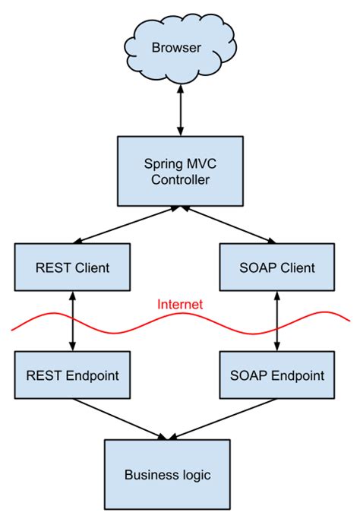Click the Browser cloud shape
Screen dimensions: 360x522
[x=180, y=48]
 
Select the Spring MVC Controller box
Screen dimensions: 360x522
[x=180, y=171]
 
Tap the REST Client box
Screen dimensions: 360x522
[x=72, y=267]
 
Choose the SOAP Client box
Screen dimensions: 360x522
[x=277, y=267]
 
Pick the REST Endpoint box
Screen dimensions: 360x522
[x=72, y=375]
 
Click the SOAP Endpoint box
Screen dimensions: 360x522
[x=277, y=375]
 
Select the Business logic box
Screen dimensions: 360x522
[x=167, y=475]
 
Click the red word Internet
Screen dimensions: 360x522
[x=180, y=304]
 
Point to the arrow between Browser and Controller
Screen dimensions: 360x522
[x=180, y=110]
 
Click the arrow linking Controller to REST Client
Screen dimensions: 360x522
[x=126, y=225]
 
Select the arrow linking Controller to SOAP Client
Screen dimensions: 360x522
[x=229, y=225]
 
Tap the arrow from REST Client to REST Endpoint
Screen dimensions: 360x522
[x=73, y=321]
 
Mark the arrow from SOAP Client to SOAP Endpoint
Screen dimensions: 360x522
[x=276, y=321]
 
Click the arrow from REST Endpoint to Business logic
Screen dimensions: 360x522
[x=120, y=419]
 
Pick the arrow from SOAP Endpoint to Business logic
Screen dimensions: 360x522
[x=223, y=419]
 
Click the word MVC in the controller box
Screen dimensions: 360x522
[x=201, y=164]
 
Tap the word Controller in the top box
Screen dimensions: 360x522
[x=180, y=180]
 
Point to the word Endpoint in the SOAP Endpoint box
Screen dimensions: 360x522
[x=298, y=375]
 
